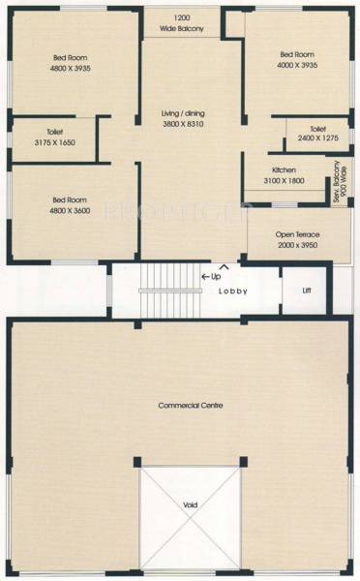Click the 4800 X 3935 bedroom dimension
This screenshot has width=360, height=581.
70,68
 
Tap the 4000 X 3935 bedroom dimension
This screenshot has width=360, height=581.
298,65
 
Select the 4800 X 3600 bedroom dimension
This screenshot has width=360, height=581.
70,210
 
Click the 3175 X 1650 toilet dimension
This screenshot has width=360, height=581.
53,143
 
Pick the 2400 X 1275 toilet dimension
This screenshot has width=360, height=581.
318,138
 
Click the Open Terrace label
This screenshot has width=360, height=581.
298,234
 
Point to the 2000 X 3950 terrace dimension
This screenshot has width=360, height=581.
298,246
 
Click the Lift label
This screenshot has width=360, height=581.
307,290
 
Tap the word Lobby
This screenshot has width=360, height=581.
233,290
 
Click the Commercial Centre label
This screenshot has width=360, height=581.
191,405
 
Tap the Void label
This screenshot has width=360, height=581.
190,505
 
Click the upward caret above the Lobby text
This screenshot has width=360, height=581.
225,266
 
